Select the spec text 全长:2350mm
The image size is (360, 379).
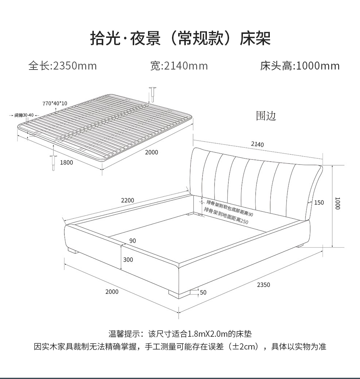pos(63,66)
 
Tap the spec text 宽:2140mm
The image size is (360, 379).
pos(179,66)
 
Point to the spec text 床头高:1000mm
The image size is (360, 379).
pos(300,66)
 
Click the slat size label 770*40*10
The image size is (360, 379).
pos(55,103)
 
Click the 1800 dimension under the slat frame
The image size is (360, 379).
pos(67,162)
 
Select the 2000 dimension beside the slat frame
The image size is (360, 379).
pos(152,152)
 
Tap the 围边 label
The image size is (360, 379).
pos(266,116)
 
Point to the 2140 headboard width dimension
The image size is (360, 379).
pos(257,145)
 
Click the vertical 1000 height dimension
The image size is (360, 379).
pos(337,203)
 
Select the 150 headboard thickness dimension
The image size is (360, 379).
pos(319,202)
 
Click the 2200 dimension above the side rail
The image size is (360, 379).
pos(128,200)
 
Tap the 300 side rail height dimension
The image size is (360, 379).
pos(128,260)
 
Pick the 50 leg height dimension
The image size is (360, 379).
pos(203,292)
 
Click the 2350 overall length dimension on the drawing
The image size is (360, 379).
pos(263,285)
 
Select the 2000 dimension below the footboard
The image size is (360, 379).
pos(112,292)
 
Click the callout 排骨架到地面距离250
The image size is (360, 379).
pos(226,216)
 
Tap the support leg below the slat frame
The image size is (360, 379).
pos(53,162)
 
